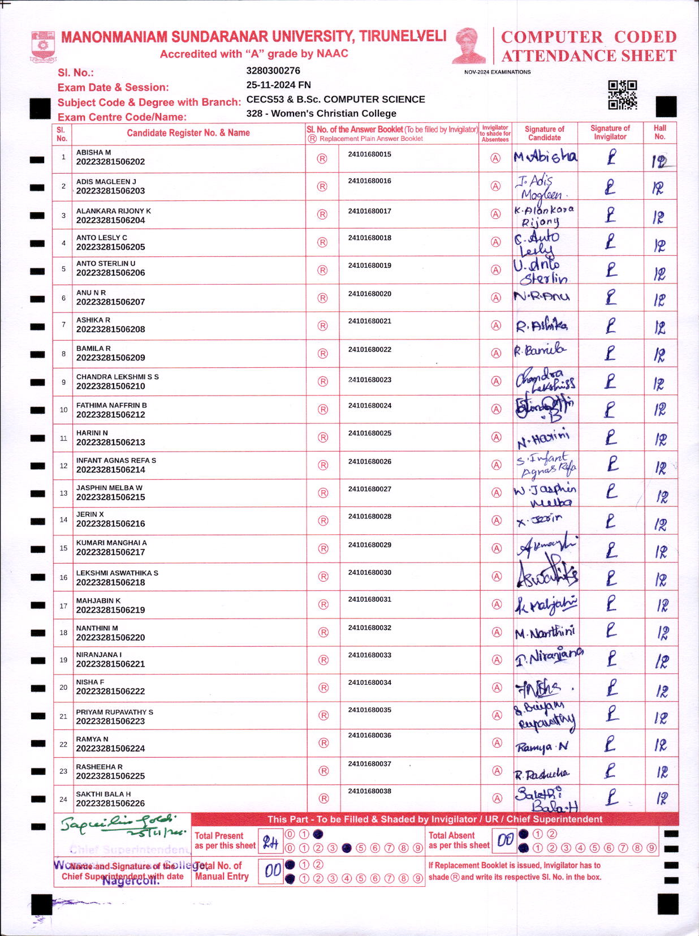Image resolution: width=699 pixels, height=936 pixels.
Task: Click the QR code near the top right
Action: coord(622,95)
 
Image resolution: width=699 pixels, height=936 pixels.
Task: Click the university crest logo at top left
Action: coord(43,46)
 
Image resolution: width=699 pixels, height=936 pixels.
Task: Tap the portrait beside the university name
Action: coord(468,46)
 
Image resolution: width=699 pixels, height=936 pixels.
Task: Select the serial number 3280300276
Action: coord(273,71)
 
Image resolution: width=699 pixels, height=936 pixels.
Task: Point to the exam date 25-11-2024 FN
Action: coord(278,85)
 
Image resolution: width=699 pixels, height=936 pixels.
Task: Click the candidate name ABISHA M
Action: coord(94,152)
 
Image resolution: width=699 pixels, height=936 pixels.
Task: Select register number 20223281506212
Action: coord(111,415)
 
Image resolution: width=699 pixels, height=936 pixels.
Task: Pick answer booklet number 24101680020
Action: coord(370,294)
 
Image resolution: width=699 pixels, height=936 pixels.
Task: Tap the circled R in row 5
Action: coord(322,271)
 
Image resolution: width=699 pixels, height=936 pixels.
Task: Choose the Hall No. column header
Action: coord(660,132)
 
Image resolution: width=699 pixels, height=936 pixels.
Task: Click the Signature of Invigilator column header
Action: coord(610,132)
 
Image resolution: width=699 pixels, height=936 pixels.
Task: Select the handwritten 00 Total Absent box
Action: coord(504,841)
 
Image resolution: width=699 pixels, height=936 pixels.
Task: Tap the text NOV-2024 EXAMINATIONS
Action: coord(497,72)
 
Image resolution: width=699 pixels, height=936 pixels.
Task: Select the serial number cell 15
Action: coord(63,548)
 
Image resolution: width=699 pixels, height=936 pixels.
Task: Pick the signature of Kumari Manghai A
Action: coord(546,547)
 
